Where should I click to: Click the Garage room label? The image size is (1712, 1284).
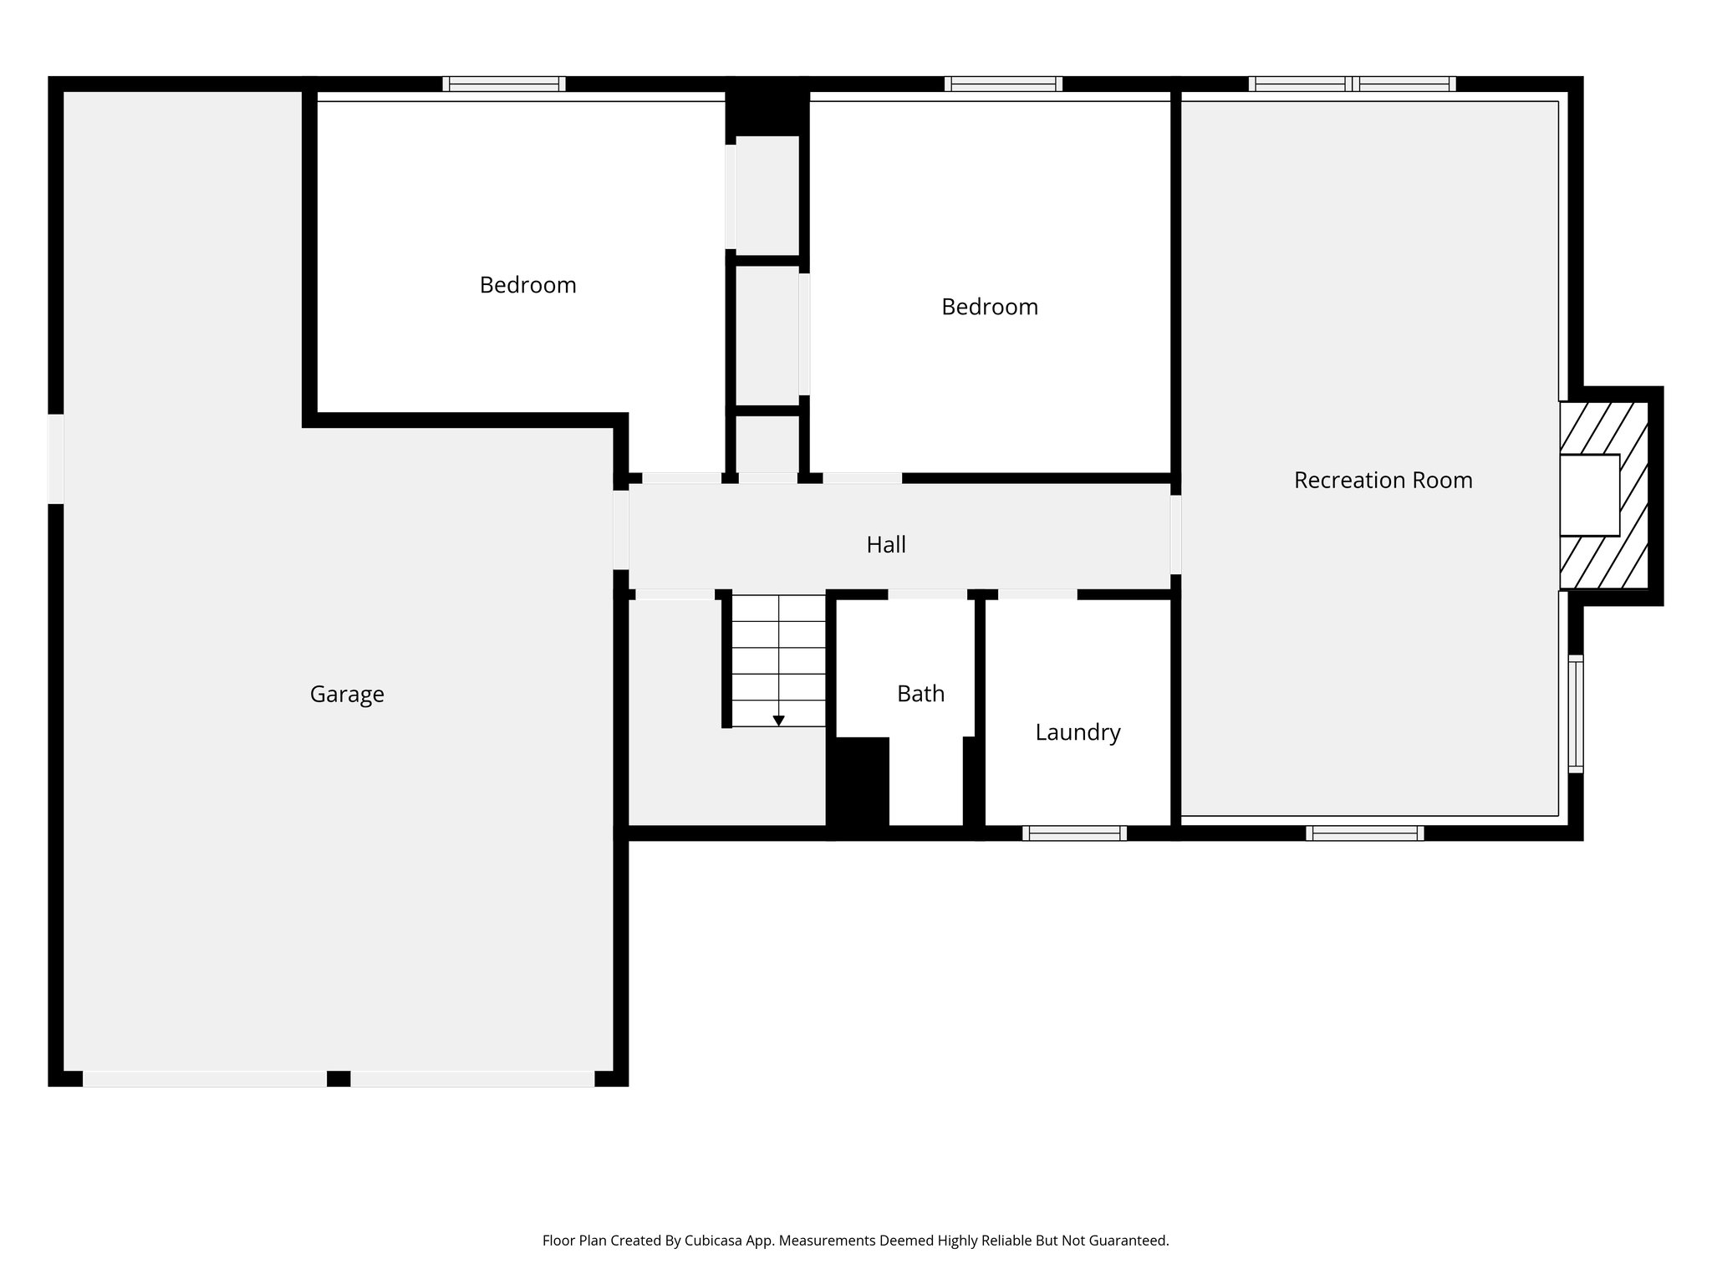347,695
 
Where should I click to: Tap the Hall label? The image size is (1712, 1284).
886,545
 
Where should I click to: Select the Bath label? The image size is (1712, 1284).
920,694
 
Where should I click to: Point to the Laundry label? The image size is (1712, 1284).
1078,732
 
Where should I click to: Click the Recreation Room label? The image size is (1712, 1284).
1383,480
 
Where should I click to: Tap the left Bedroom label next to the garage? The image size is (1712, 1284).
527,285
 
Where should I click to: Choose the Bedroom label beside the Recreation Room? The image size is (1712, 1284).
990,307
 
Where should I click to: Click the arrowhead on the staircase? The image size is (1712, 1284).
778,720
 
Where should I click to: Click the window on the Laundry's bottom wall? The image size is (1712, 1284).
1074,833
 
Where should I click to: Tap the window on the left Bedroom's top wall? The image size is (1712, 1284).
504,84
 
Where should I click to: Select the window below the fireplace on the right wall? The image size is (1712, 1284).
1575,713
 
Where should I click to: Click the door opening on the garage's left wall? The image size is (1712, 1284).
56,459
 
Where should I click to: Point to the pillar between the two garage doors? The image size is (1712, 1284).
338,1078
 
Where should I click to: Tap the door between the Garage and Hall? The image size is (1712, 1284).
620,530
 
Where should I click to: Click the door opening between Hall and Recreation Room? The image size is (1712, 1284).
1175,535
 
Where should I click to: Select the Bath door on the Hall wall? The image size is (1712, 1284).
927,594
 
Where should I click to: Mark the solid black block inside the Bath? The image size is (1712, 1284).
858,781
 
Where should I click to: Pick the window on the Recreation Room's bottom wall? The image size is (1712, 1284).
1364,833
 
